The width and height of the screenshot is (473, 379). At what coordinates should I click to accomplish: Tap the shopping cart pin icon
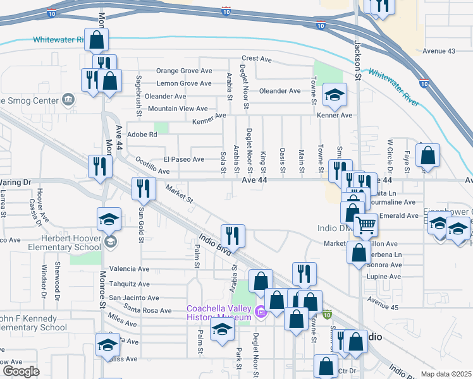(365, 224)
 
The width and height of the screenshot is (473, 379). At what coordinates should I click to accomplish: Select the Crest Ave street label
(256, 59)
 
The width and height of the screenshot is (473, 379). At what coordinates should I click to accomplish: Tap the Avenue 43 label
(439, 51)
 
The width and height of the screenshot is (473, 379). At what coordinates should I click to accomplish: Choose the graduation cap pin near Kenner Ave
(335, 95)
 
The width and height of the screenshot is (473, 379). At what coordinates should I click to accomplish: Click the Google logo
(20, 371)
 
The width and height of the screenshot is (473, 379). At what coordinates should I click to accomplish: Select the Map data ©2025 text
(446, 374)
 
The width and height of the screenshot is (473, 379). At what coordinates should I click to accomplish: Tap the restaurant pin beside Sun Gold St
(144, 188)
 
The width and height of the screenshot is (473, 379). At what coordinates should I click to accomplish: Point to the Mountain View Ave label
(178, 109)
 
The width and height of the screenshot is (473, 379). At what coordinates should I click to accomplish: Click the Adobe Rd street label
(142, 134)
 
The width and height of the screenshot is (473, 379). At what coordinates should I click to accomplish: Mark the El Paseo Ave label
(184, 159)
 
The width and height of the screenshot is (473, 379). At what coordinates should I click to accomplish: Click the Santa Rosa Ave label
(148, 310)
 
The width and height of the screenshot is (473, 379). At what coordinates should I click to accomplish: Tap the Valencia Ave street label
(129, 268)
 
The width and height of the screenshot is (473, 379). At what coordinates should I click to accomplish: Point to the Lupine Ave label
(384, 276)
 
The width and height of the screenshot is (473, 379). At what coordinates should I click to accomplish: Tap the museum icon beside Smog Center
(68, 99)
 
